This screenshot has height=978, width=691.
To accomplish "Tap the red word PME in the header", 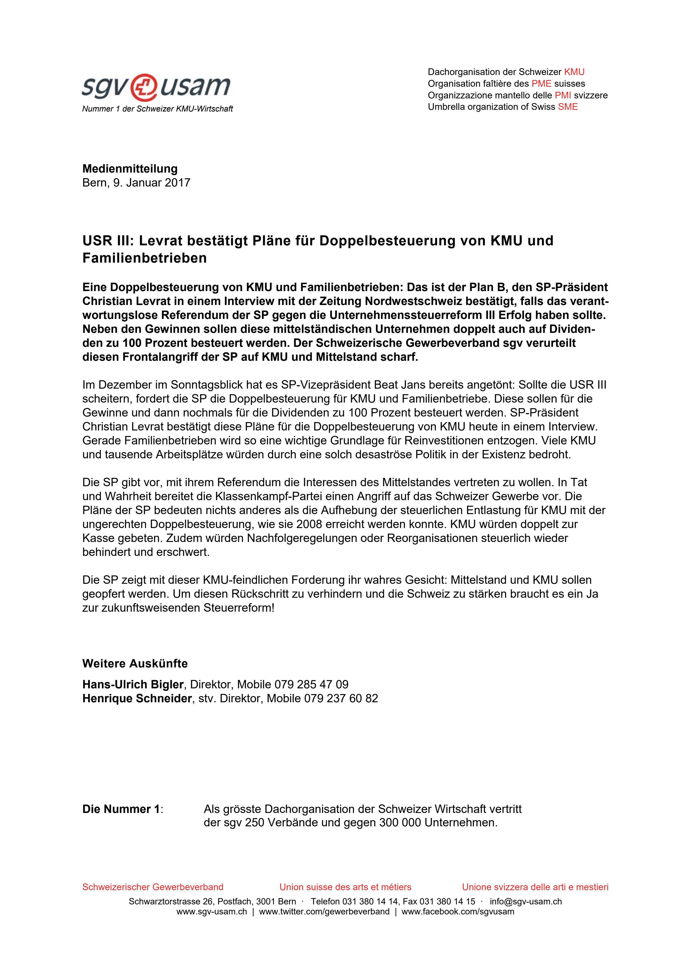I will tap(541, 83).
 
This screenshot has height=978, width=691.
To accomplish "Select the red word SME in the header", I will tap(568, 107).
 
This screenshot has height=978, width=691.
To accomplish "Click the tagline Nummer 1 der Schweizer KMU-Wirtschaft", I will tap(157, 109).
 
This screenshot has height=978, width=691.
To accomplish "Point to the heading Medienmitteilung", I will tap(130, 169).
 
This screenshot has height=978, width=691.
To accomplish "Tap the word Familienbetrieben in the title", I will tap(144, 258).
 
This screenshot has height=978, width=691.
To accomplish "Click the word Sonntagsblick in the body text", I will tap(207, 385).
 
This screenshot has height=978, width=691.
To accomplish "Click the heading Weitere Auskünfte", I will tap(135, 664).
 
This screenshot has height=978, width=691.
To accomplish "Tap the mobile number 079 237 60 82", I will tap(341, 699).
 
